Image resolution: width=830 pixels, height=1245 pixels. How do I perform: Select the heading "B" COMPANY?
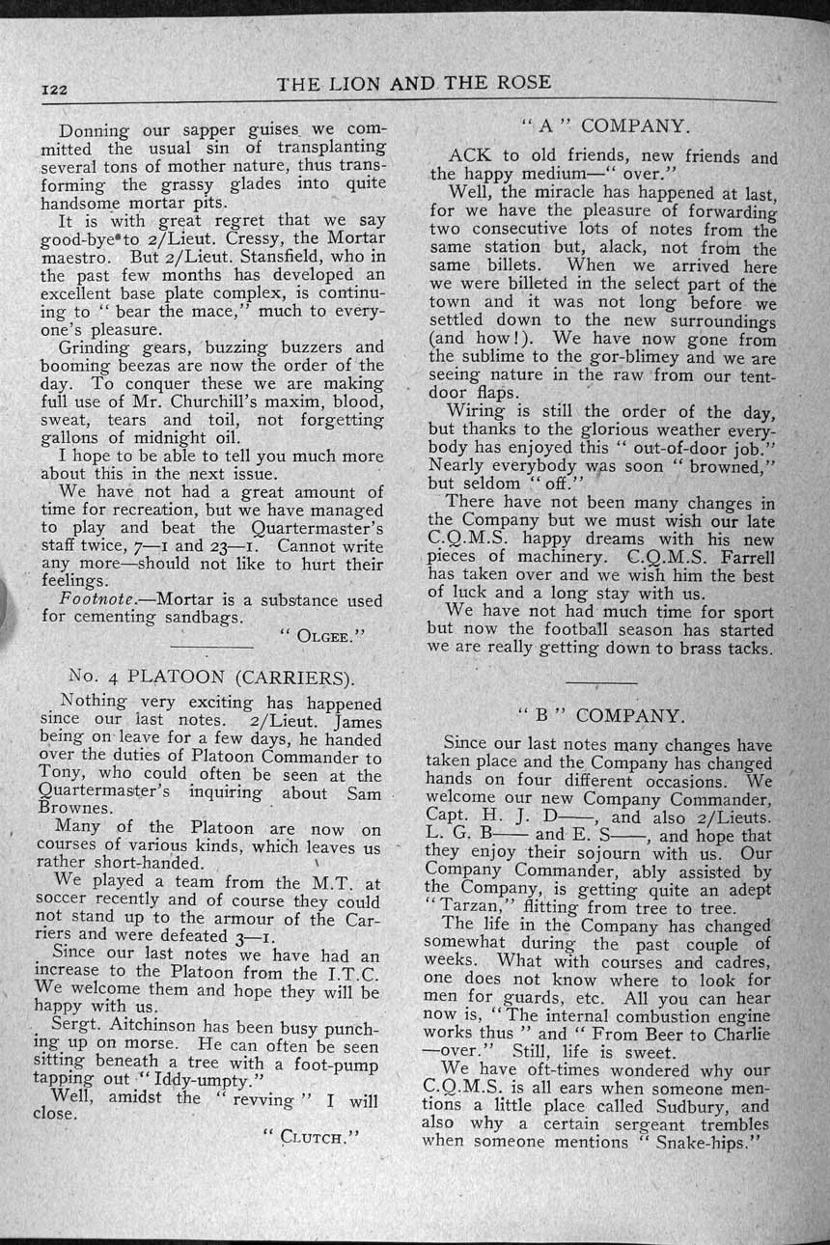[601, 715]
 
